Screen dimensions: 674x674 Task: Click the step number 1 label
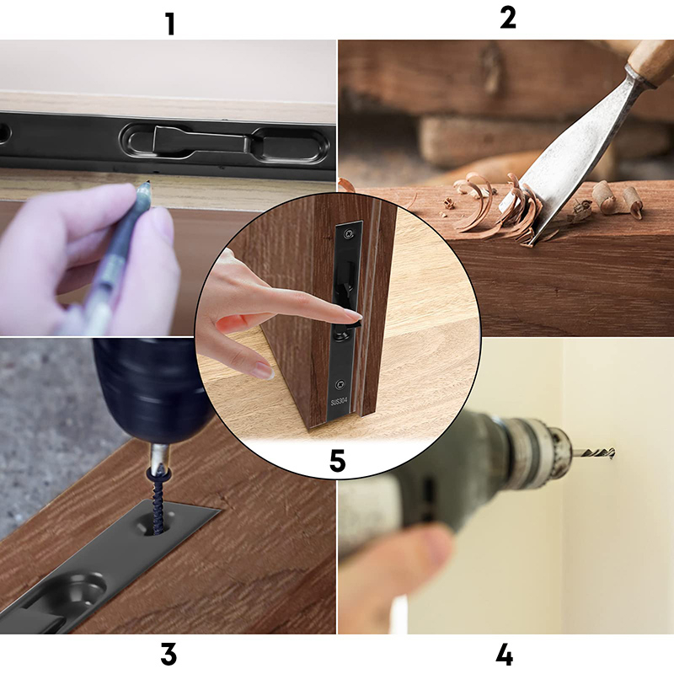click(171, 24)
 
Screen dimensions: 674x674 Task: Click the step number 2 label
click(508, 18)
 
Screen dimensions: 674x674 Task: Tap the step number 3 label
click(168, 655)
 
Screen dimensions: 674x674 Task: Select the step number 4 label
click(504, 655)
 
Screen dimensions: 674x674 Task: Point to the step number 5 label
click(338, 461)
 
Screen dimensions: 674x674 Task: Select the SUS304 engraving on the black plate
click(339, 403)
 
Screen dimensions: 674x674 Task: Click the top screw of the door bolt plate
click(349, 234)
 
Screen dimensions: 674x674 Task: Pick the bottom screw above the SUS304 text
click(340, 384)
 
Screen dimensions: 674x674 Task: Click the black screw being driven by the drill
click(159, 503)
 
